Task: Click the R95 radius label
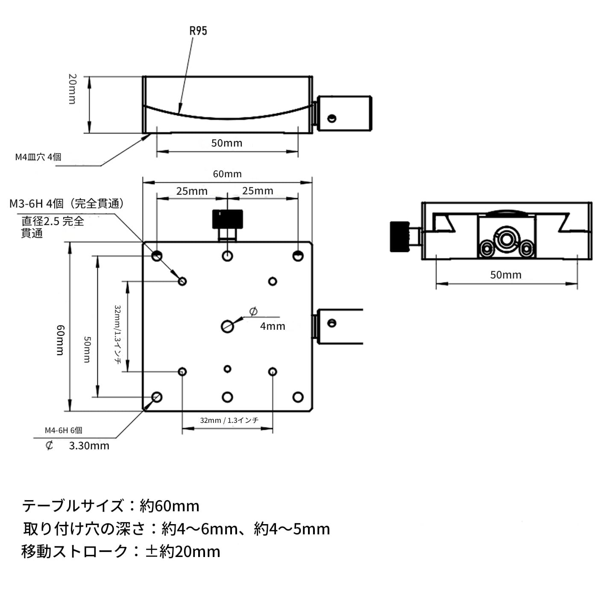point(198,31)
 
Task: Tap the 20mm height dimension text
point(73,89)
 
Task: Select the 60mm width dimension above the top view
point(227,174)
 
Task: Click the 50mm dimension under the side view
point(227,143)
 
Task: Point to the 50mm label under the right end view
point(506,275)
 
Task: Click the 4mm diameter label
point(273,326)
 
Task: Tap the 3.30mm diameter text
point(89,446)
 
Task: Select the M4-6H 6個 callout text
point(63,430)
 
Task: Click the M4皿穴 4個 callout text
point(38,157)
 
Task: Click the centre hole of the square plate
point(227,326)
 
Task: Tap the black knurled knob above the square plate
point(228,219)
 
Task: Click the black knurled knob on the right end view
point(398,236)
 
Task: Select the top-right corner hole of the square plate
point(298,256)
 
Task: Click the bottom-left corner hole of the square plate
point(157,397)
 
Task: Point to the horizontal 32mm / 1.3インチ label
point(229,420)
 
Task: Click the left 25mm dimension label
point(192,191)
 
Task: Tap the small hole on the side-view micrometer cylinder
point(331,118)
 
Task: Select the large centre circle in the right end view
point(505,239)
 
